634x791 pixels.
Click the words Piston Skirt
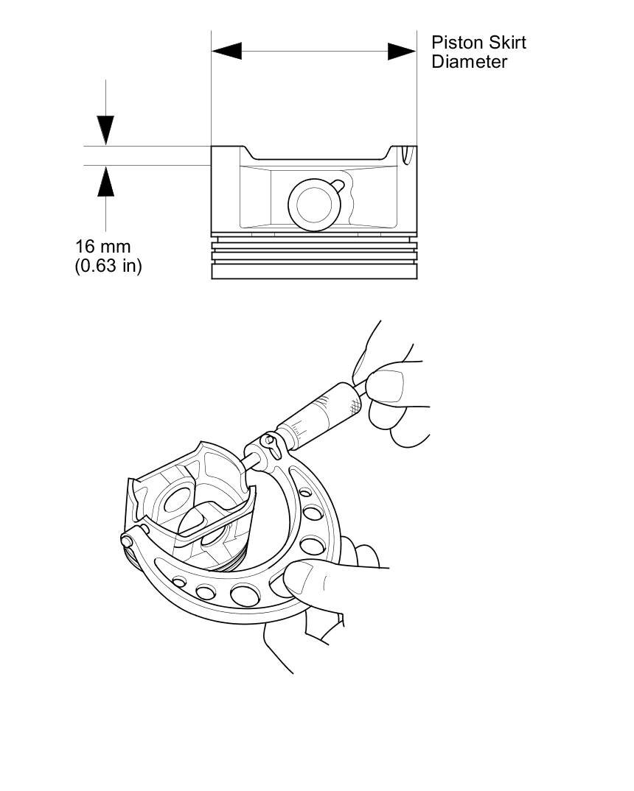point(478,42)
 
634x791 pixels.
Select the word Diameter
point(470,62)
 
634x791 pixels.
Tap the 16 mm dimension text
point(102,246)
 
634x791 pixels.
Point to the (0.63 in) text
point(108,265)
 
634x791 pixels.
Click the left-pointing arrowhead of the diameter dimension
point(226,51)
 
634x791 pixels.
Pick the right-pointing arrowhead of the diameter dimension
point(403,51)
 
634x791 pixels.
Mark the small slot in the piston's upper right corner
point(405,152)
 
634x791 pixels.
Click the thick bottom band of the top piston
point(314,271)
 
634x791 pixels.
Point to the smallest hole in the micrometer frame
point(178,582)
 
